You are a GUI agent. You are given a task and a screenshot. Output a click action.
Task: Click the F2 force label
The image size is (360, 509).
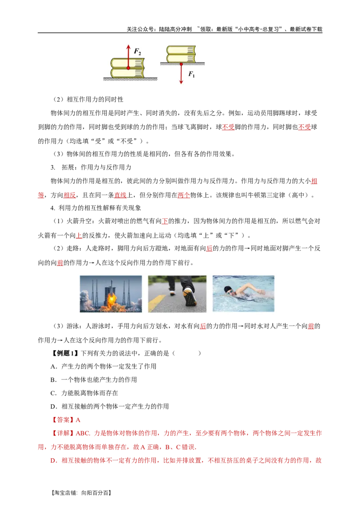138,52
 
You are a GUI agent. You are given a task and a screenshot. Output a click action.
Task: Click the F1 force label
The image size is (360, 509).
191,74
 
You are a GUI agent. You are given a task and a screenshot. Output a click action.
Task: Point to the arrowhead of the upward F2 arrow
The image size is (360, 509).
128,47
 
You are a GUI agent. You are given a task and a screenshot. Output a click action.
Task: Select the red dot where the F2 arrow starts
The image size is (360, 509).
128,68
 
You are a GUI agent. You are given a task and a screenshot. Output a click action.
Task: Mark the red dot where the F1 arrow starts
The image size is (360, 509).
181,64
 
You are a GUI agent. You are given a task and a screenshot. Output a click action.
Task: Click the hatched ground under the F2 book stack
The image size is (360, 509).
130,79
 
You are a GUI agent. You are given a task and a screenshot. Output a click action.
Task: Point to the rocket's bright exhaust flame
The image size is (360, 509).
110,301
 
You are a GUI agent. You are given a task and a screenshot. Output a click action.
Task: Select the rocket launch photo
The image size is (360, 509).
111,294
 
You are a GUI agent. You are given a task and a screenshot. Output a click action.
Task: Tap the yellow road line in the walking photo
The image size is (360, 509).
156,303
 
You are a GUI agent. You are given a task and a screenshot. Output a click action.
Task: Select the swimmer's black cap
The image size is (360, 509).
228,289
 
